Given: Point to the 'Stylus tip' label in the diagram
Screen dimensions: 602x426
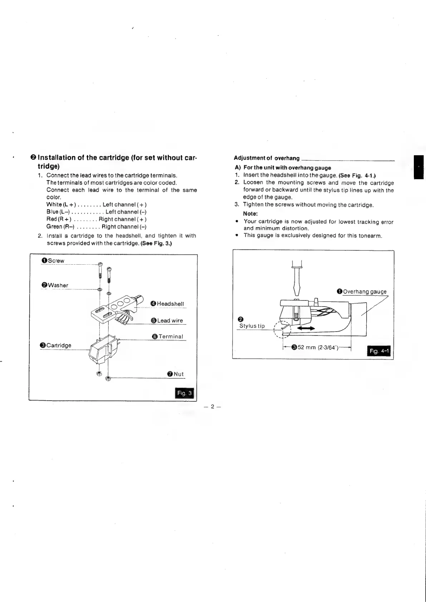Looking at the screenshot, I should pos(252,326).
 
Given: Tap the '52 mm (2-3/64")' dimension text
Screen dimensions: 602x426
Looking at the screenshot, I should pos(318,347).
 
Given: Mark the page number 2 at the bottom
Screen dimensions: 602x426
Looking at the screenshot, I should pos(212,407).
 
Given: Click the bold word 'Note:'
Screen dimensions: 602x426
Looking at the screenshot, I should pos(250,214).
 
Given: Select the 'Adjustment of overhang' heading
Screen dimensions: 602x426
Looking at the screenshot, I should pos(266,158).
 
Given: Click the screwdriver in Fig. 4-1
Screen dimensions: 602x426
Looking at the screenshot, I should pos(297,279).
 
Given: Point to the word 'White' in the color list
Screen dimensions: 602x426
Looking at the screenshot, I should pos(54,205).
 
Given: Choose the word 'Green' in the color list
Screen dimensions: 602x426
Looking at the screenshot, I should pos(54,226).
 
